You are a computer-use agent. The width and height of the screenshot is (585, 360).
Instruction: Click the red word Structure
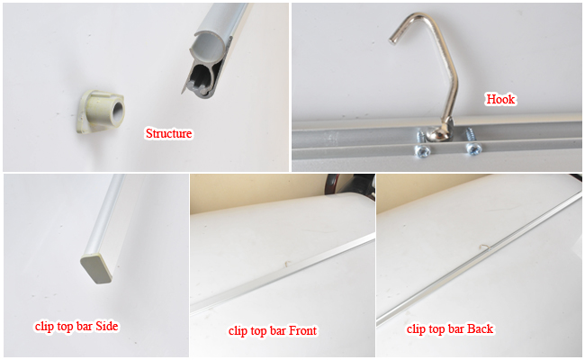click(x=169, y=134)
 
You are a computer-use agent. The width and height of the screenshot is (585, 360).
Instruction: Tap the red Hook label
click(x=500, y=99)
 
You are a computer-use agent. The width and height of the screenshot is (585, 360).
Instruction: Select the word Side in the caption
click(x=104, y=326)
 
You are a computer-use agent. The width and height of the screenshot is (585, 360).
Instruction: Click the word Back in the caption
click(x=479, y=328)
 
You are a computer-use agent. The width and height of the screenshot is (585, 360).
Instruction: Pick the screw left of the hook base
click(x=419, y=135)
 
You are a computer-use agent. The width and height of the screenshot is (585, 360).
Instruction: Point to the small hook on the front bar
click(x=285, y=265)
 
